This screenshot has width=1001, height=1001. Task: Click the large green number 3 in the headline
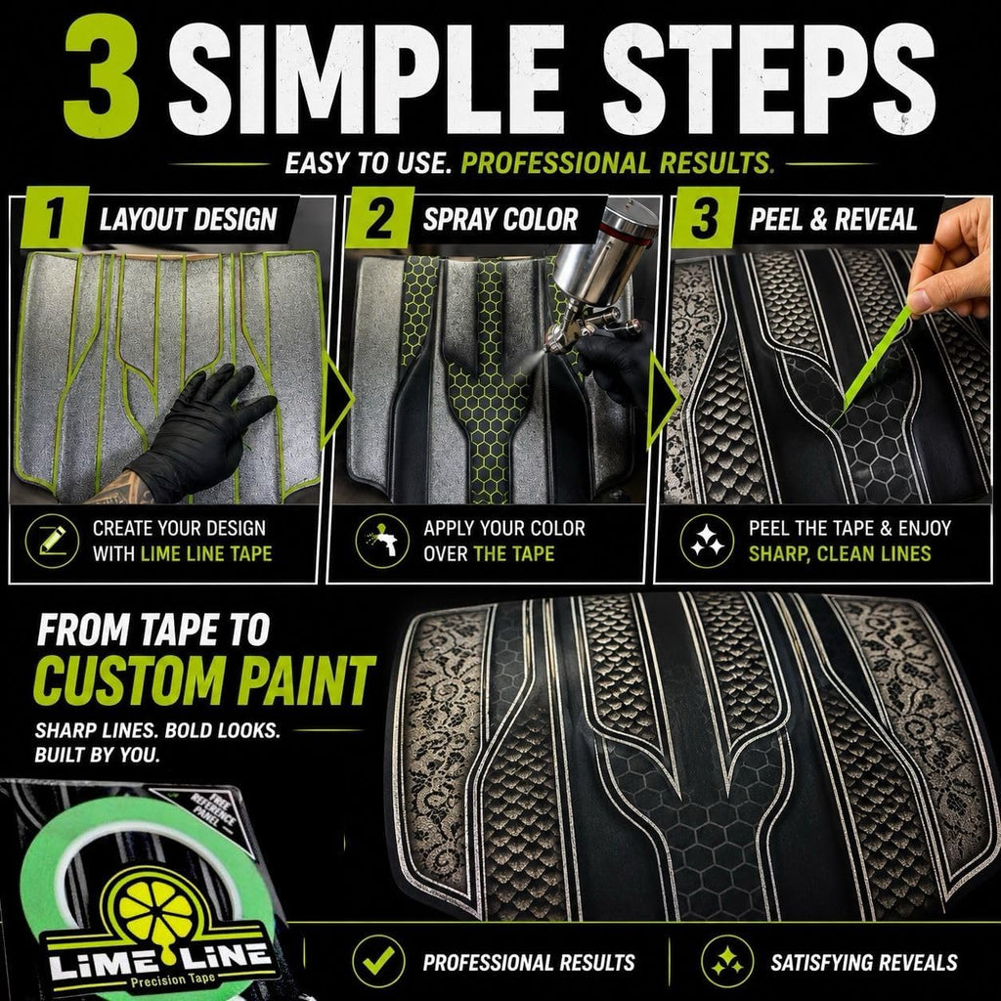102,75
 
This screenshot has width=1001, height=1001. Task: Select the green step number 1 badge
55,217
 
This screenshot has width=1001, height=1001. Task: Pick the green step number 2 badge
380,217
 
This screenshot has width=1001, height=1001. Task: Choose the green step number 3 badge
705,217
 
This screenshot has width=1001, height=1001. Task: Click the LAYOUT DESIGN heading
189,220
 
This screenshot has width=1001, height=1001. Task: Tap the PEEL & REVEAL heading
833,220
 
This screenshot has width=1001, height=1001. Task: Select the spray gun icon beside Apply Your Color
382,541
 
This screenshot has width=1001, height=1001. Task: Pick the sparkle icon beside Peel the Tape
707,541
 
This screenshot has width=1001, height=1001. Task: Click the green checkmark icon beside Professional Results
378,962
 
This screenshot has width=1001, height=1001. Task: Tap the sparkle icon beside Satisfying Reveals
727,962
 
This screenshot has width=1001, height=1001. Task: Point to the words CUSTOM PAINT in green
204,680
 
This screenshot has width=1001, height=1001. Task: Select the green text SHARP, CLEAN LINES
840,553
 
